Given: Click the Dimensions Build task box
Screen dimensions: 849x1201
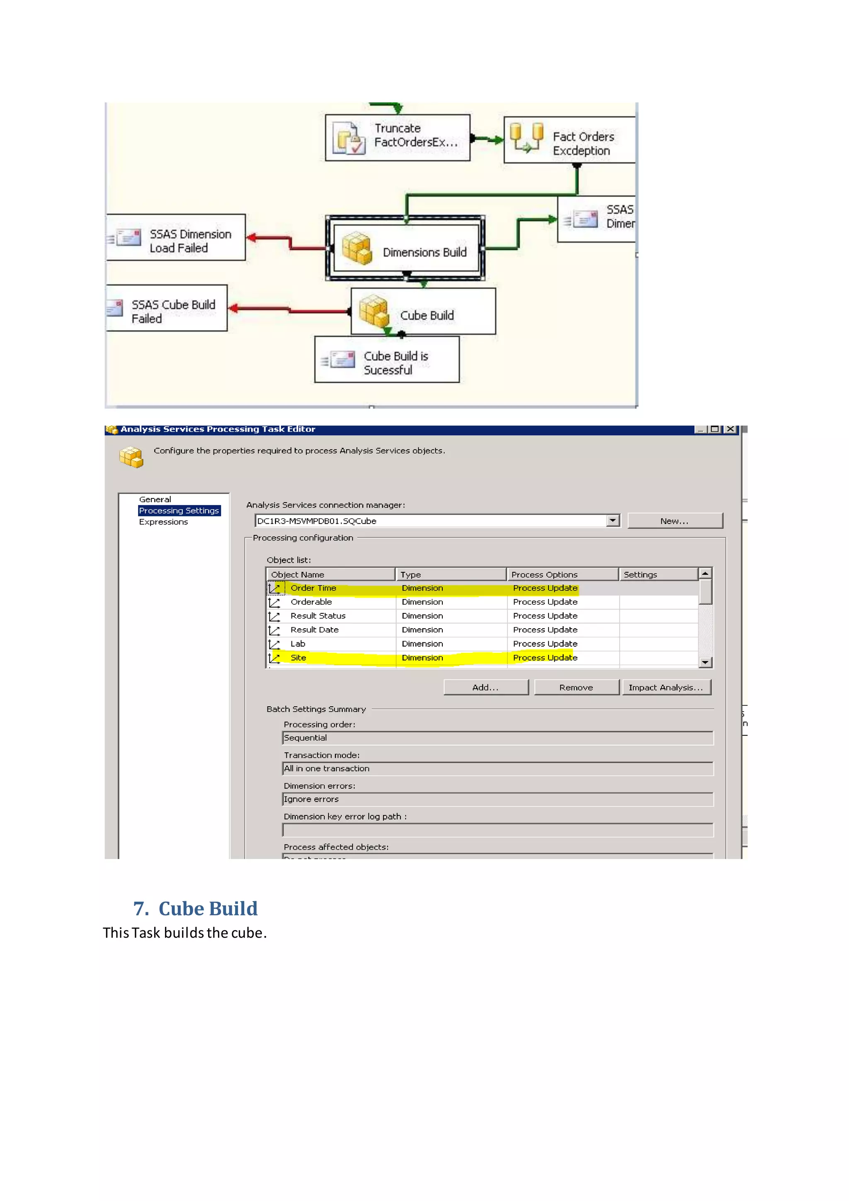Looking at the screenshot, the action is [406, 249].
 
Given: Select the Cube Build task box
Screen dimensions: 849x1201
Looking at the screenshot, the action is [423, 312].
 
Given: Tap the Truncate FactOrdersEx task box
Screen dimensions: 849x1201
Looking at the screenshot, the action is [397, 138].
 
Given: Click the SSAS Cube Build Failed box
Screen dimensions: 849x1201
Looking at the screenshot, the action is [167, 309].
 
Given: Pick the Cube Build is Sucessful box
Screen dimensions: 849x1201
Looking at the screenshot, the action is [387, 360].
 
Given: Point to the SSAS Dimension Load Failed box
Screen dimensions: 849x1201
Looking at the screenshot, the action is [176, 238].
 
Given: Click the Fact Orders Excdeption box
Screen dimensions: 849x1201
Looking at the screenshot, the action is [570, 140].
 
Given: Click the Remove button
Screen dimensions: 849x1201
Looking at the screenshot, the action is [576, 687].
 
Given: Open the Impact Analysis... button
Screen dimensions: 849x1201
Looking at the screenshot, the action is [666, 687].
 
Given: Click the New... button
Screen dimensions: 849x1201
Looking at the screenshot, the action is [674, 521].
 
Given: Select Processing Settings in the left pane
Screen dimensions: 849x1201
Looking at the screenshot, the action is [179, 511].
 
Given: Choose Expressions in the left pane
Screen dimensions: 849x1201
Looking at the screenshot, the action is [163, 522].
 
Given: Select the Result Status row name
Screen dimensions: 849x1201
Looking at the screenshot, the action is [318, 616].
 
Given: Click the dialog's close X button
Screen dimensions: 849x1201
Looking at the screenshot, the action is [730, 430].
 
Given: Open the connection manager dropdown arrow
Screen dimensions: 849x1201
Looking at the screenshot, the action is [613, 520].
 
